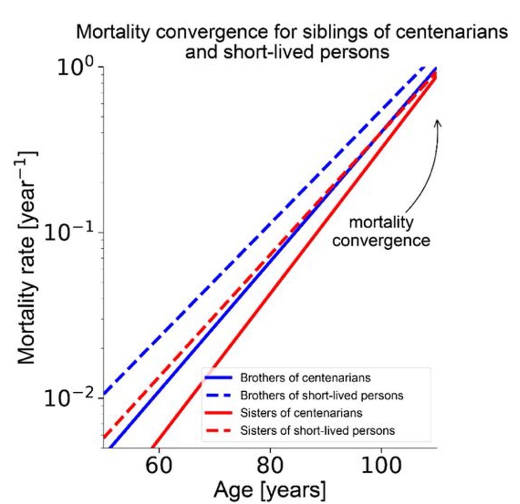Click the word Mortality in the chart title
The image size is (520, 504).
[113, 32]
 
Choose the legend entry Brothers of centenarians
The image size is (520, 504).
[305, 378]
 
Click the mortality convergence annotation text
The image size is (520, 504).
[381, 231]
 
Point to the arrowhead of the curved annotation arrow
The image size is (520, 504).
[438, 122]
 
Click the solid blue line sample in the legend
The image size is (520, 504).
[218, 378]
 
